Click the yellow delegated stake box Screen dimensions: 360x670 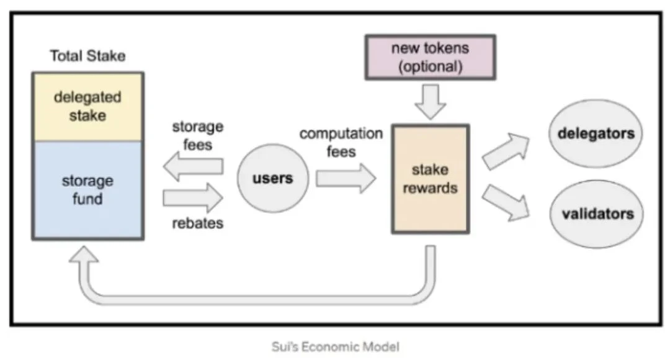[x=87, y=106]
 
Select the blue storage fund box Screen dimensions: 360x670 [x=87, y=189]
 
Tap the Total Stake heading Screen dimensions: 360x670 [x=87, y=56]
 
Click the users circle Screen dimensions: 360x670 [x=272, y=179]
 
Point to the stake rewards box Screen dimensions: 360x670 [x=429, y=179]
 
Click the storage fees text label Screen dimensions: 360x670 [x=197, y=135]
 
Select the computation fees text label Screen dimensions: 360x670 [x=341, y=142]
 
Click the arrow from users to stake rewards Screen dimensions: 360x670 [x=345, y=179]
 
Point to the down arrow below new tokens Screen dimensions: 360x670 [x=429, y=101]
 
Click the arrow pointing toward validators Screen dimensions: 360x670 [x=506, y=203]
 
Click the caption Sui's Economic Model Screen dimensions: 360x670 [x=336, y=346]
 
